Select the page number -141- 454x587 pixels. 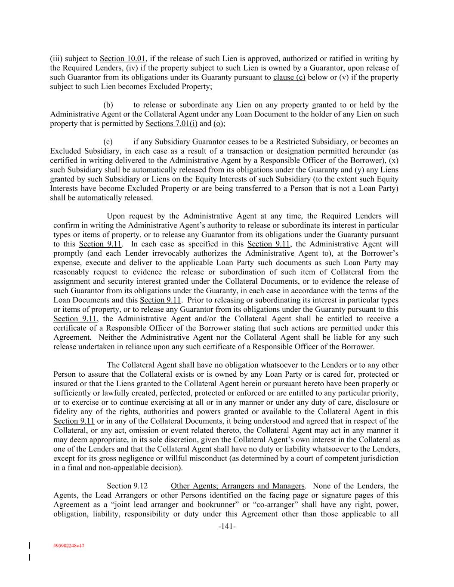[227, 526]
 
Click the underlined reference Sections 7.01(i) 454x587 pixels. [171, 124]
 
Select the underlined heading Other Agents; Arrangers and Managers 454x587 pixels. [238, 486]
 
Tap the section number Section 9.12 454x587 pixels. [127, 486]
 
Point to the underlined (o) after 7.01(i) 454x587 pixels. [219, 124]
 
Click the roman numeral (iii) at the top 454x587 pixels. [56, 58]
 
